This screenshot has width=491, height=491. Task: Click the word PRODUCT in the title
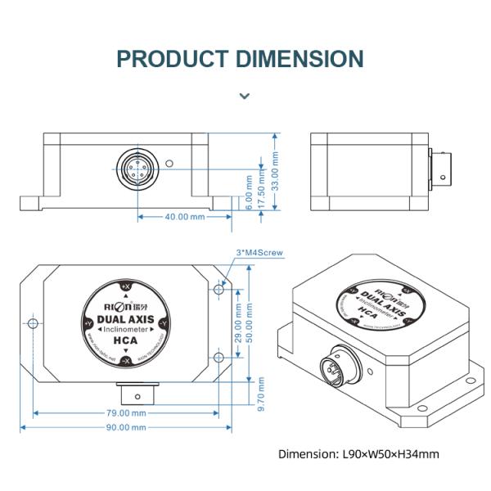[x=173, y=59]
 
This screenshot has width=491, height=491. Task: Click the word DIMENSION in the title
[x=300, y=59]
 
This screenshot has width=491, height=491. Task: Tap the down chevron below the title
[x=244, y=96]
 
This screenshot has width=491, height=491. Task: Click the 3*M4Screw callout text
[x=259, y=254]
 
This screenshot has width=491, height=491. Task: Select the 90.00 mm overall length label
[x=125, y=427]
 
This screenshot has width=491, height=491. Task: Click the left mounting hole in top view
[x=33, y=325]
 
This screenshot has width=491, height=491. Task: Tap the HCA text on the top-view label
[x=124, y=341]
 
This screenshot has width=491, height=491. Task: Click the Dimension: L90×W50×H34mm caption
[x=358, y=453]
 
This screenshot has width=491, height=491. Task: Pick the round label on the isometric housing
[x=379, y=307]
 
